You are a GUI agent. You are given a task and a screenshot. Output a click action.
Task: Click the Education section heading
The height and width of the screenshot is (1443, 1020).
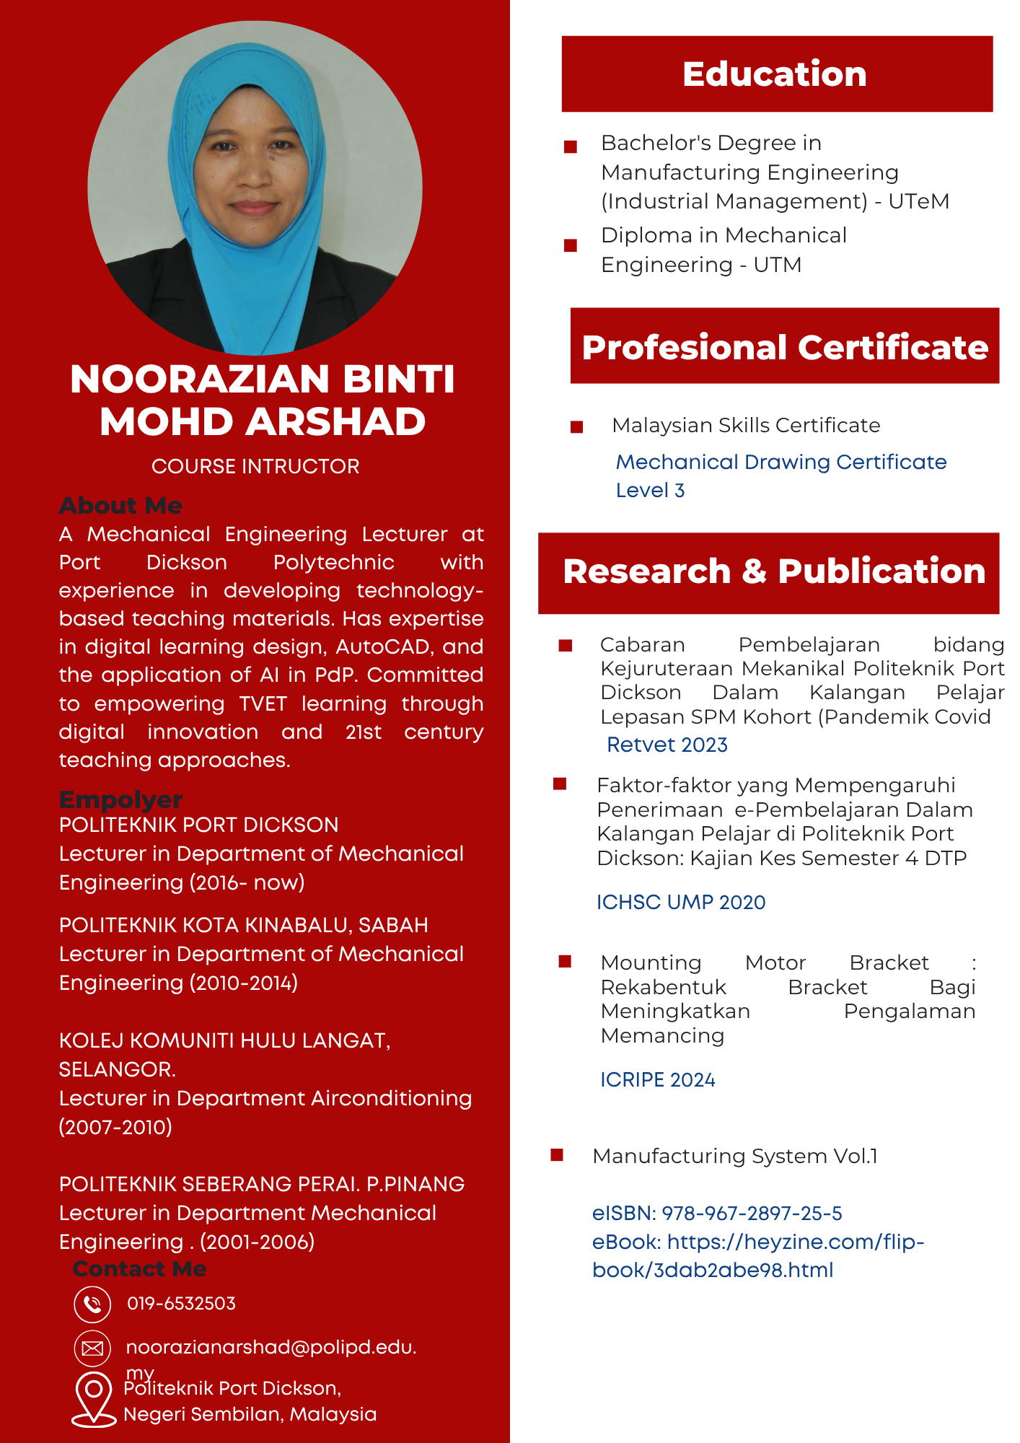click(x=775, y=74)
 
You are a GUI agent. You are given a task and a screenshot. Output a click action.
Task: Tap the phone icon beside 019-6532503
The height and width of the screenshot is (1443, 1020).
click(x=92, y=1304)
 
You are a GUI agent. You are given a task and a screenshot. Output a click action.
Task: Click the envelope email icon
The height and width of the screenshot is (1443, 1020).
click(x=92, y=1348)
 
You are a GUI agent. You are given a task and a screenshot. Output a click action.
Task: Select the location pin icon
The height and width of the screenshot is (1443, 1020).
click(x=93, y=1398)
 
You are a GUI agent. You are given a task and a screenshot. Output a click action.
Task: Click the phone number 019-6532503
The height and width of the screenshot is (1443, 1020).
click(x=181, y=1304)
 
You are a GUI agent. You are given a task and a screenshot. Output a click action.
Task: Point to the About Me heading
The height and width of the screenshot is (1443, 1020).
click(x=120, y=505)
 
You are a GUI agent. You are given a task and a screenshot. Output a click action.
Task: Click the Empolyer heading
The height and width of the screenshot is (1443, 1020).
click(x=120, y=799)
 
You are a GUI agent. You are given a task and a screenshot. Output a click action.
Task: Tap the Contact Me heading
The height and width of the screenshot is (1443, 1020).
click(x=139, y=1268)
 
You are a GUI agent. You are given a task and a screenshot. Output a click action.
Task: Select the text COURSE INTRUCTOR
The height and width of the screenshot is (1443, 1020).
click(x=255, y=466)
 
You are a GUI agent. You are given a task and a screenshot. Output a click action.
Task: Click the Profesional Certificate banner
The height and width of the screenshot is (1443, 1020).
click(x=785, y=347)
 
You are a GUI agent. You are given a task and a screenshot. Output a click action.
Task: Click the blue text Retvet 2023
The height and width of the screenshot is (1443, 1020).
click(x=667, y=745)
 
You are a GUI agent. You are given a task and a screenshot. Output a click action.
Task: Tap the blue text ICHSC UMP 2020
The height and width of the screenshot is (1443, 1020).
click(x=681, y=902)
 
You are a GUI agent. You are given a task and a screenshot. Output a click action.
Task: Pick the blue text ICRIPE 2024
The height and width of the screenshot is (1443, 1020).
click(x=658, y=1079)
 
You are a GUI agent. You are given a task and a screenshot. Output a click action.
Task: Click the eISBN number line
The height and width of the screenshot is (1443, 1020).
click(x=717, y=1214)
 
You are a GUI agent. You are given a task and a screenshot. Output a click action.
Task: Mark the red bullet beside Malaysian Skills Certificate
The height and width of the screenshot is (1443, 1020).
click(x=576, y=427)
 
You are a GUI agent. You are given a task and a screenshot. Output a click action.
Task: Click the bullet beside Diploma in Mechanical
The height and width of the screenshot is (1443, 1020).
click(x=571, y=245)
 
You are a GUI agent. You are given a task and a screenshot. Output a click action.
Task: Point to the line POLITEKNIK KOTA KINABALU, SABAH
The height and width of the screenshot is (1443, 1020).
click(x=244, y=925)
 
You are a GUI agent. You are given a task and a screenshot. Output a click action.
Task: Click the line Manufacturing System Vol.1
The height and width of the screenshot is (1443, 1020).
click(x=735, y=1156)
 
